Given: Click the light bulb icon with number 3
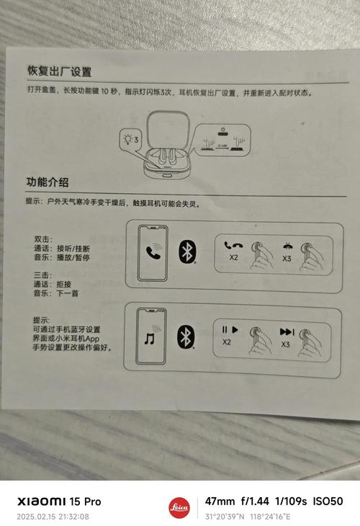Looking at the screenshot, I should coord(130,138).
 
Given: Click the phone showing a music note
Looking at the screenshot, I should coord(152,336).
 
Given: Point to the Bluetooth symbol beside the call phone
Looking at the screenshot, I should coord(187,251).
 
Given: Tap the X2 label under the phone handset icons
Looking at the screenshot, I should coord(233,257).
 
